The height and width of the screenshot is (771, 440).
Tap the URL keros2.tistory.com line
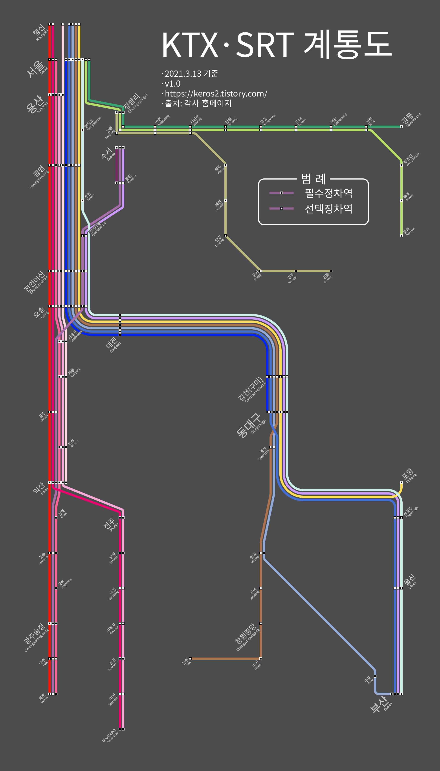point(216,93)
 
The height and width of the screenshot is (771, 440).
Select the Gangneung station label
point(411,120)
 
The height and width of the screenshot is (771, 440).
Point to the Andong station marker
point(331,271)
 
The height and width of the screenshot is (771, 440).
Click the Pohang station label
point(409,475)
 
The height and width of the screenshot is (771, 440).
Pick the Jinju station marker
point(190,658)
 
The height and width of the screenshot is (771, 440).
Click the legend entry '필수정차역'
point(328,193)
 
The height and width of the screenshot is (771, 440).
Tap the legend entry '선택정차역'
point(328,208)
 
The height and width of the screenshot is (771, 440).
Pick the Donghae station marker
point(401,236)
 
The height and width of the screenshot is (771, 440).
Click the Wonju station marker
point(225,165)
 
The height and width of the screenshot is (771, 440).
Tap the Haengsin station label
point(40,33)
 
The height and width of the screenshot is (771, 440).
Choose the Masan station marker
point(260,658)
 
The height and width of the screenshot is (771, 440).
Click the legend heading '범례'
point(313,179)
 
